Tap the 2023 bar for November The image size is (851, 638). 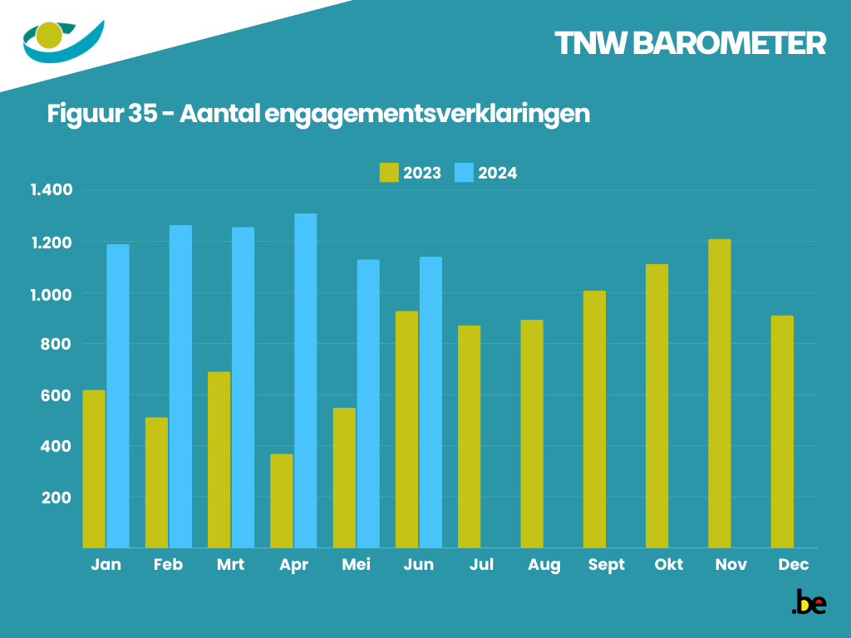tap(720, 394)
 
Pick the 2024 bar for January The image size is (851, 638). tap(118, 396)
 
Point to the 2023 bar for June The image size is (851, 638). tap(406, 429)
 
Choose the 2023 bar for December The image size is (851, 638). tap(782, 432)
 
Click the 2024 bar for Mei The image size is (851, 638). tap(368, 404)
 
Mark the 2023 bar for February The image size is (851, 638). tap(156, 483)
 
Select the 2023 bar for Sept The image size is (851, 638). tap(594, 420)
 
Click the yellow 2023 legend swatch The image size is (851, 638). tap(389, 173)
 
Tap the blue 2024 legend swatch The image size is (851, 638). tap(464, 173)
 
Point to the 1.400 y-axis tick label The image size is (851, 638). tap(52, 190)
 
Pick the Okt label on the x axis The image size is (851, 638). tap(668, 565)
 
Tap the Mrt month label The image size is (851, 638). tap(230, 565)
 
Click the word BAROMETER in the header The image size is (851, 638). tap(729, 44)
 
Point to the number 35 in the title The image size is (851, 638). tap(143, 113)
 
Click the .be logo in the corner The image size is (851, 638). tap(809, 603)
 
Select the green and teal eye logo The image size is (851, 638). tap(63, 41)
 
